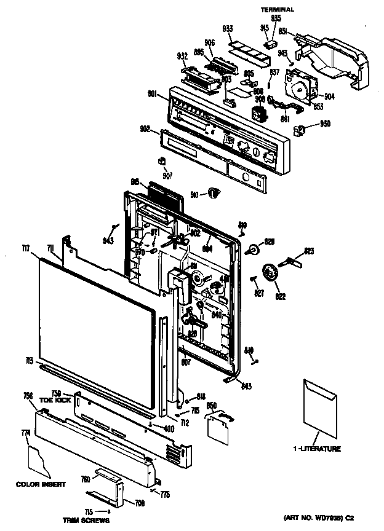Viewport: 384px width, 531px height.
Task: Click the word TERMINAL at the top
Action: (277, 10)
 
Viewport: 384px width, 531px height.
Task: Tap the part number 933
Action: (226, 29)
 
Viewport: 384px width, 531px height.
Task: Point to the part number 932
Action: (182, 56)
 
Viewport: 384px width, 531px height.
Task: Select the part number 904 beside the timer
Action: (329, 96)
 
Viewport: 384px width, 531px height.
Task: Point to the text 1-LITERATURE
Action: (316, 449)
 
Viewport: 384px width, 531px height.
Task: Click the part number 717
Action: (25, 248)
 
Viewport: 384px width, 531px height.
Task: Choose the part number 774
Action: (25, 433)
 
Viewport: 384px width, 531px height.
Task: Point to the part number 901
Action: (153, 94)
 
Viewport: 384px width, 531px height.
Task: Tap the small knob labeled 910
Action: (214, 194)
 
